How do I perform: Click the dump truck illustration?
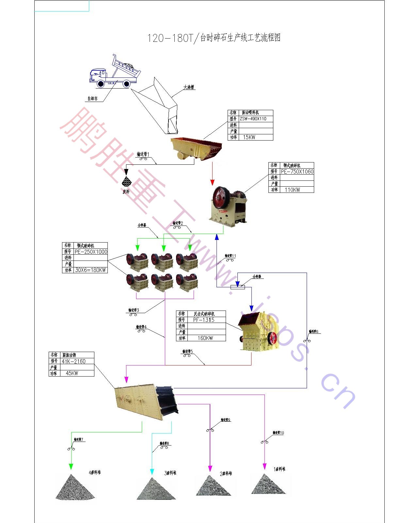tap(115, 73)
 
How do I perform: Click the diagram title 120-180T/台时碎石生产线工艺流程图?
tap(214, 38)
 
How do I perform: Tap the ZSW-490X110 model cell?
tap(256, 119)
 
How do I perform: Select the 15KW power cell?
tap(256, 137)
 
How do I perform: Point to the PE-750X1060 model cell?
tap(297, 171)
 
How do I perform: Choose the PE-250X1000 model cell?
tap(90, 252)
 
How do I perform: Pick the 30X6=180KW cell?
tap(90, 270)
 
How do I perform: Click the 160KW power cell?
tap(205, 338)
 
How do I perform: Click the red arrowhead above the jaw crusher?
tap(213, 182)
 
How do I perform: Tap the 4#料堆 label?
tap(95, 472)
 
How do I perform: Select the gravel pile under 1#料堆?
tap(268, 484)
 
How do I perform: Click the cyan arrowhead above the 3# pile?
tap(152, 471)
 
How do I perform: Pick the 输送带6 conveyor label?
tap(313, 331)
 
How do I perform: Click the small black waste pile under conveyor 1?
tap(126, 181)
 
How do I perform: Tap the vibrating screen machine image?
tap(146, 401)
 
